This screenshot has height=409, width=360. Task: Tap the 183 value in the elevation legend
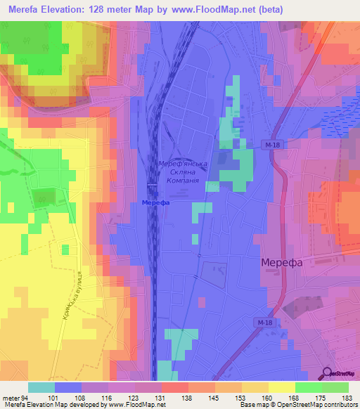pyautogui.click(x=347, y=398)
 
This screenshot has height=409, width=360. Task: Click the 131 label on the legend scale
pyautogui.click(x=161, y=398)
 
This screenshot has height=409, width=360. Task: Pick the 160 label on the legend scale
pyautogui.click(x=268, y=398)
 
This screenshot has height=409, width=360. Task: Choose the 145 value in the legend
pyautogui.click(x=214, y=398)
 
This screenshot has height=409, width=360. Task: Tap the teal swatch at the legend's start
pyautogui.click(x=41, y=387)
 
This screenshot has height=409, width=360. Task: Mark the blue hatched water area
pyautogui.click(x=340, y=112)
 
